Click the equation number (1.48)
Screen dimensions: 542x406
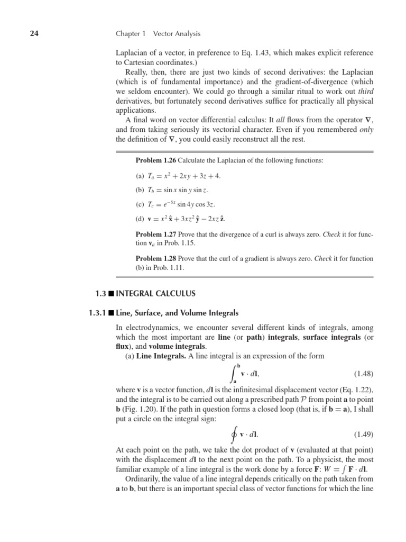(x=363, y=374)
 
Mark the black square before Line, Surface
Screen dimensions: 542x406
(x=111, y=313)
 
